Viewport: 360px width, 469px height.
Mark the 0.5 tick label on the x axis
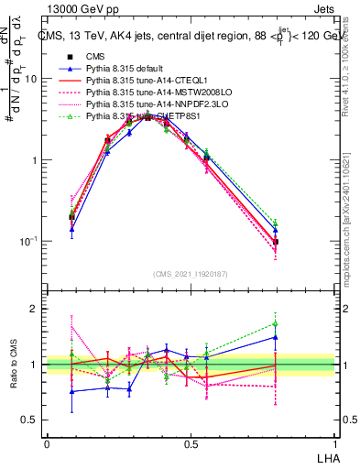[191, 444]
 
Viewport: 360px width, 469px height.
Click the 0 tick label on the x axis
[47, 444]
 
